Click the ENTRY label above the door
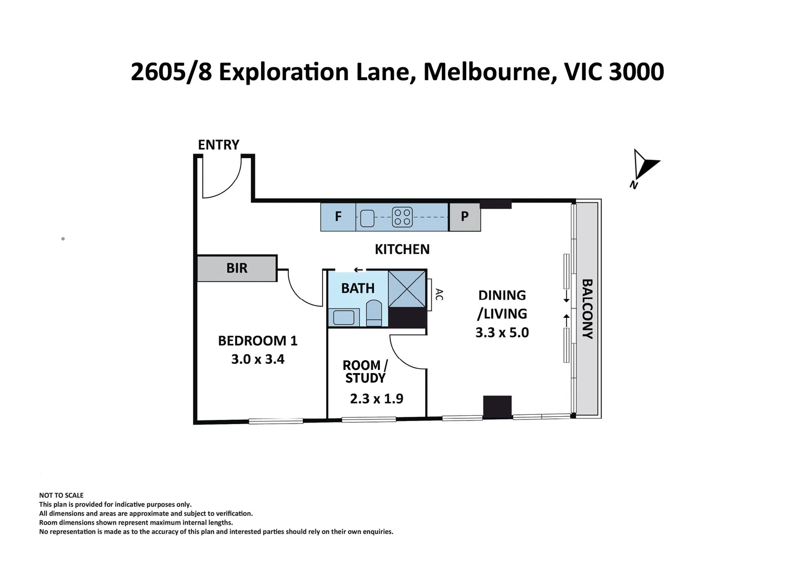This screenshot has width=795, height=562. pos(219,145)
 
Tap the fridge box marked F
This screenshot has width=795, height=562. pos(338,217)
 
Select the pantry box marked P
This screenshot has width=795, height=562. pos(465,217)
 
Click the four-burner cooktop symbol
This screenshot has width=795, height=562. pos(402,217)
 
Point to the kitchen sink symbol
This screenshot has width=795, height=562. pos(367,218)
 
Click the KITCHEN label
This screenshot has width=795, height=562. pos(402,250)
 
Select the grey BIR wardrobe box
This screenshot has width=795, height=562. pos(237,268)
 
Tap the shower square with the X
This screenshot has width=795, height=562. pos(407,289)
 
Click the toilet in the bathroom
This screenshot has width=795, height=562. pos(374,313)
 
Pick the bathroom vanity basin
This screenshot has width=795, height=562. pos(343,317)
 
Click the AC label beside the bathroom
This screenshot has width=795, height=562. pos(439,295)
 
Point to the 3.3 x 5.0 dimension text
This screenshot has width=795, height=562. pos(502,333)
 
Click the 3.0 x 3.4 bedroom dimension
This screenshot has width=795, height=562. pos(258,359)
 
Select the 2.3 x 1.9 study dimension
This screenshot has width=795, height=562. pos(377,399)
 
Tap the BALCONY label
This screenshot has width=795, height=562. pos(588,309)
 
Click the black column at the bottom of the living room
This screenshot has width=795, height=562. pos(497,407)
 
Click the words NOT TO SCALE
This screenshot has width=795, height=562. pos(61,495)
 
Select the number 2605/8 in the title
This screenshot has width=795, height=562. pos(171,72)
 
